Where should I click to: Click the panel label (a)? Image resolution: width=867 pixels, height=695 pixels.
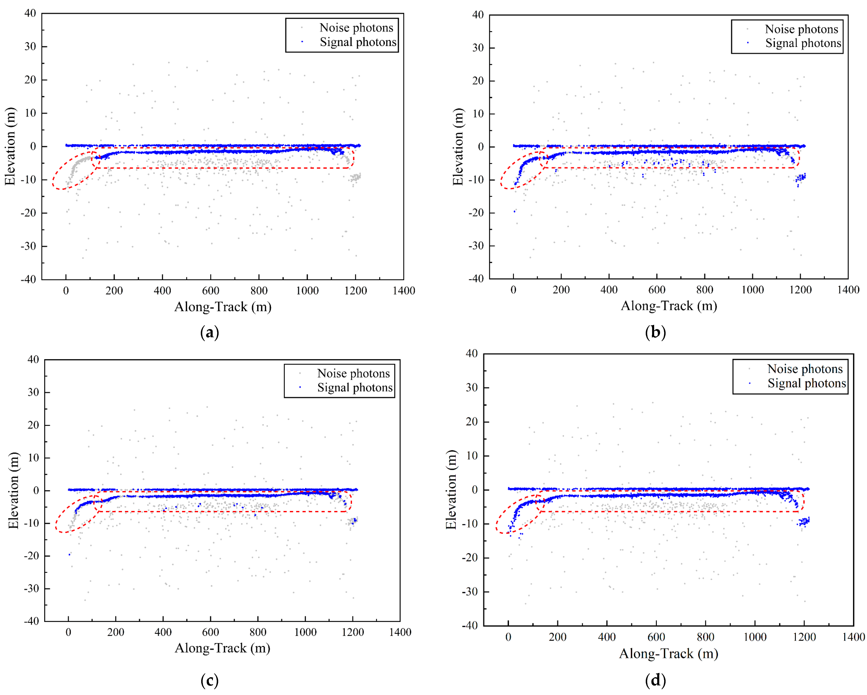click(x=210, y=333)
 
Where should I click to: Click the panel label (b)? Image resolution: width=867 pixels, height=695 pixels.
click(x=655, y=332)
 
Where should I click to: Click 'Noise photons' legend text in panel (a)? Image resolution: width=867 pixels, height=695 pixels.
click(x=356, y=28)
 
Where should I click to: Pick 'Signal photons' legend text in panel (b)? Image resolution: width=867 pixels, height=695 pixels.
click(x=803, y=43)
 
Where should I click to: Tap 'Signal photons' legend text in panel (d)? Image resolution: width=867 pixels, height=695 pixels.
click(x=807, y=383)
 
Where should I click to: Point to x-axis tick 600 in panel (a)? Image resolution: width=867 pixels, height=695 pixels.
click(x=211, y=291)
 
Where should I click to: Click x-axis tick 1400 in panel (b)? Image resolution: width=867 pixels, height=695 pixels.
click(x=848, y=290)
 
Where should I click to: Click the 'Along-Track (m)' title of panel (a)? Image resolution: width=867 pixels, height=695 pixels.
click(x=223, y=307)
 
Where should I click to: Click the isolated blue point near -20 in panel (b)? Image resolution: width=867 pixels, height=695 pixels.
click(x=514, y=211)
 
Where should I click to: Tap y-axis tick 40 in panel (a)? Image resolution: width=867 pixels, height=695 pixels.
click(x=30, y=13)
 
